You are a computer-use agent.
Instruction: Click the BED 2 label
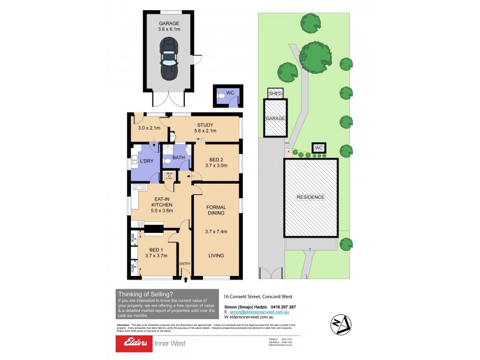coord(216,162)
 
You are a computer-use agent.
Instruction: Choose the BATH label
coord(178,158)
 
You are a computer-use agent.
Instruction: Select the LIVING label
coord(215,256)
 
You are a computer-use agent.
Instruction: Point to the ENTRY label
coord(185,263)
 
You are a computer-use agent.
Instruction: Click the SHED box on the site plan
coord(275,94)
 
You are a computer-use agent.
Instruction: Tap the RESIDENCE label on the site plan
coord(310,197)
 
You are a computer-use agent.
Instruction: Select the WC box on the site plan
coord(319,148)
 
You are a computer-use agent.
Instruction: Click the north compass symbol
coord(340,324)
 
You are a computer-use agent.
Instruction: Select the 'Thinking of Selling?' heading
coord(145,293)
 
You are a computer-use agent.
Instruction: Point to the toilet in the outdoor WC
coord(222,95)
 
